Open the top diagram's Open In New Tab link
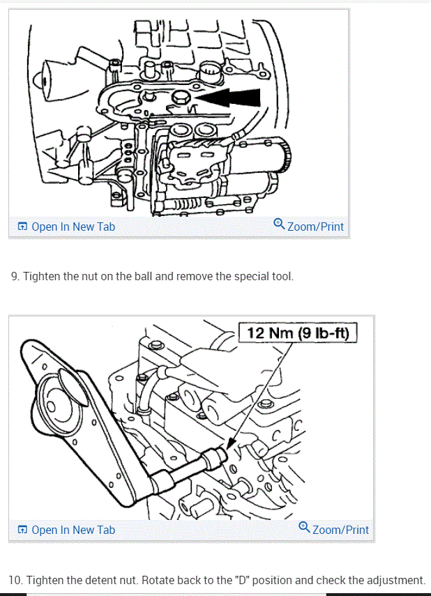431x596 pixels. coord(73,227)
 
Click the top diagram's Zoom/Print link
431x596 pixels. coord(315,227)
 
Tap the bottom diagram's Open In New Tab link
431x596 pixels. coord(73,530)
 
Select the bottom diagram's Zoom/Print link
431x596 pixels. coord(340,530)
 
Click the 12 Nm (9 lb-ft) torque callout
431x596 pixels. coord(298,333)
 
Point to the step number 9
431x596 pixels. coord(15,277)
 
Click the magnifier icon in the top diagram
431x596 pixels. coord(279,224)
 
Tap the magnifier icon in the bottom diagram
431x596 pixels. coord(304,528)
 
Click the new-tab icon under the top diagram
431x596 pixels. coord(22,227)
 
